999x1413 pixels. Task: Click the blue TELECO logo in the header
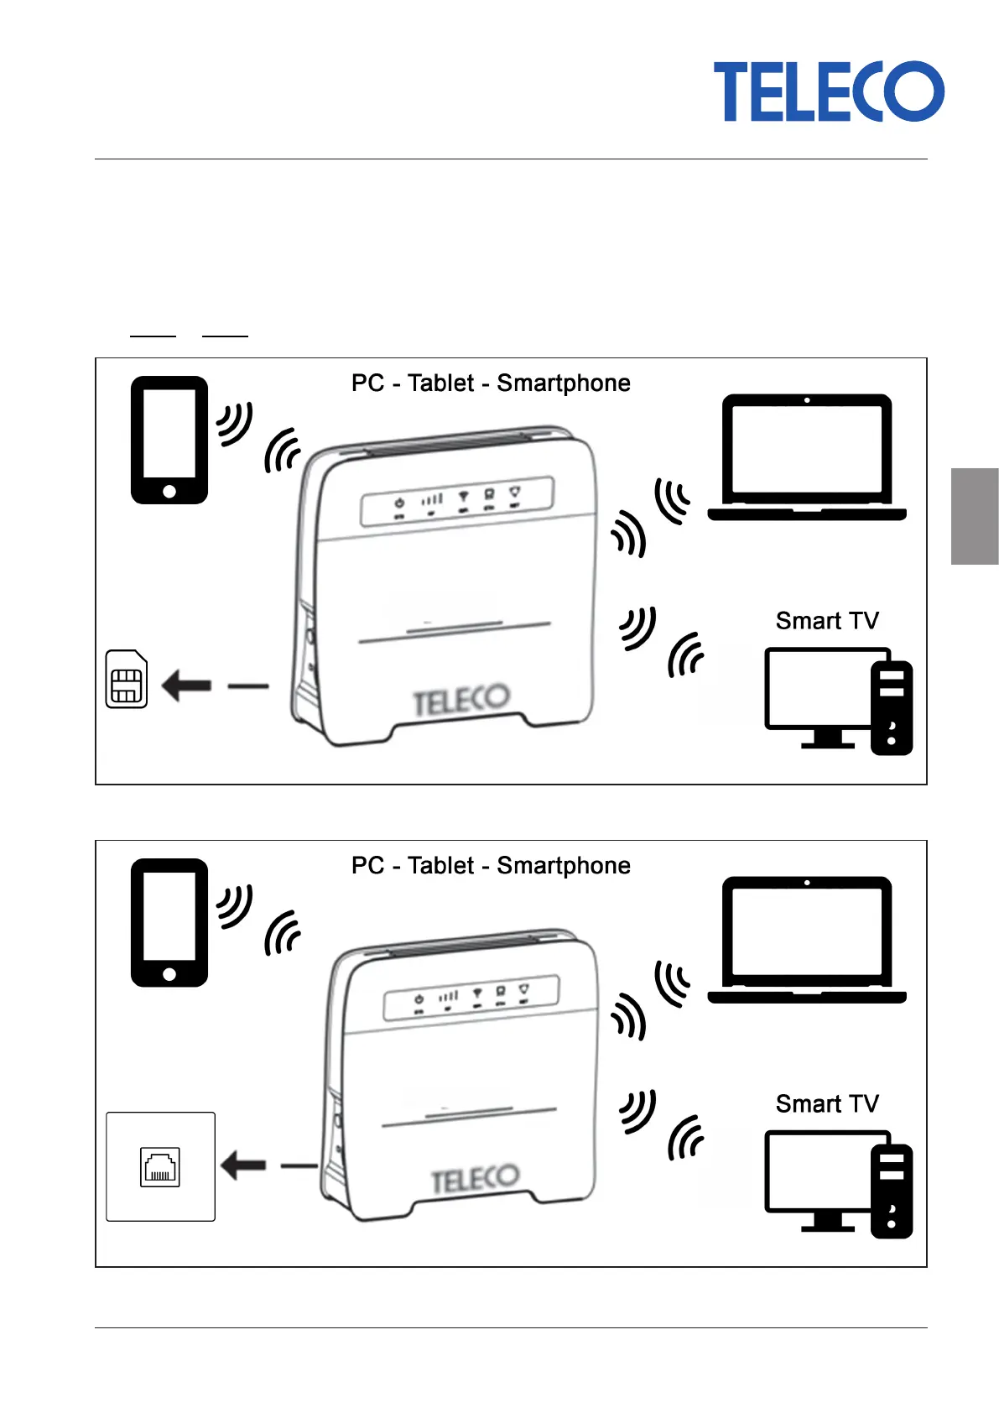click(x=828, y=91)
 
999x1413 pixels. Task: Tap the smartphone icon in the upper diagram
click(x=169, y=440)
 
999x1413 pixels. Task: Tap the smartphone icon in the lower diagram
click(x=169, y=922)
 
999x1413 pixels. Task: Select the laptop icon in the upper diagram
click(x=807, y=457)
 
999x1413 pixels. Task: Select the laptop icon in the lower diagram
click(x=807, y=940)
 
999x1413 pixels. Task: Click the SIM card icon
click(x=127, y=679)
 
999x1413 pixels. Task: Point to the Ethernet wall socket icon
click(x=159, y=1166)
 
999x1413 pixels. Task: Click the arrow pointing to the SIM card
click(x=186, y=686)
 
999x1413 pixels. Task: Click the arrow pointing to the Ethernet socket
click(x=243, y=1165)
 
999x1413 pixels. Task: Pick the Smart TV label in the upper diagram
click(x=827, y=621)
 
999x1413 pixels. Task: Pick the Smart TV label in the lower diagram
click(x=827, y=1103)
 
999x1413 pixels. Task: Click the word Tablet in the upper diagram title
click(x=440, y=383)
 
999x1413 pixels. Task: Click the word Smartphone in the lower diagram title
click(x=563, y=866)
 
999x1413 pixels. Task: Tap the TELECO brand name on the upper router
click(x=460, y=701)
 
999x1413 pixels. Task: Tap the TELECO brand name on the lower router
click(x=475, y=1180)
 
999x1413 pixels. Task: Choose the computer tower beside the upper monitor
click(x=891, y=707)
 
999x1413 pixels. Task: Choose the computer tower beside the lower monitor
click(x=891, y=1191)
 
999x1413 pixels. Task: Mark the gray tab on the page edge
click(x=975, y=516)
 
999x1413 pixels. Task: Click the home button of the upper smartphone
click(x=169, y=491)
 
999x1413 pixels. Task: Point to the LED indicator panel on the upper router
click(x=457, y=501)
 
